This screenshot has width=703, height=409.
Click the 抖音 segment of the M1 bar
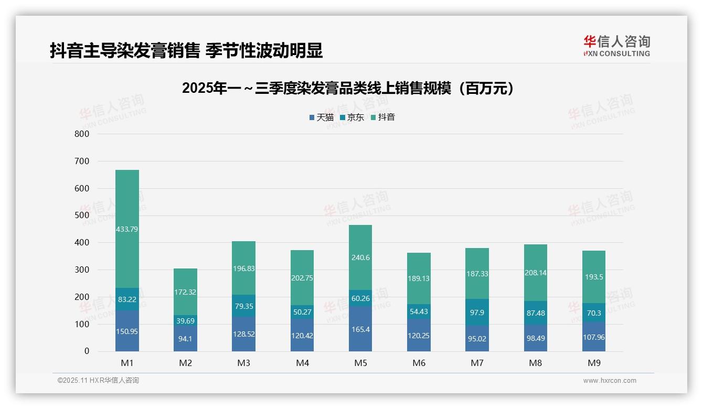[x=127, y=229]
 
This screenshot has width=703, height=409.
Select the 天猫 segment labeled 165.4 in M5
[x=360, y=329]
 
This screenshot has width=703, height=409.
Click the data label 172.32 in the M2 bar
[x=185, y=292]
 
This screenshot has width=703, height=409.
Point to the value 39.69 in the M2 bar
[x=185, y=320]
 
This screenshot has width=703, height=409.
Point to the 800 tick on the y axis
[x=82, y=134]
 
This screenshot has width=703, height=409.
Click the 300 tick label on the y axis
[x=82, y=270]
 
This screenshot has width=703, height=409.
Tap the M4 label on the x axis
[x=302, y=363]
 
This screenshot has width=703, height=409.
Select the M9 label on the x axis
[x=593, y=363]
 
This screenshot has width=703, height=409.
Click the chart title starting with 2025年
[x=348, y=89]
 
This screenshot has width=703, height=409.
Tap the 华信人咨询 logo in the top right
[x=616, y=46]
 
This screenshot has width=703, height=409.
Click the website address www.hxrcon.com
[x=610, y=381]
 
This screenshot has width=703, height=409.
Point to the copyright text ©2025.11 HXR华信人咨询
[x=98, y=381]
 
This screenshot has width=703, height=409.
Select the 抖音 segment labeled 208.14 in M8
[x=535, y=273]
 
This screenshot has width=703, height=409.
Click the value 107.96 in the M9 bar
[x=593, y=337]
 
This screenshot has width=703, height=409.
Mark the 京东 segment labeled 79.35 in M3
[x=243, y=306]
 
